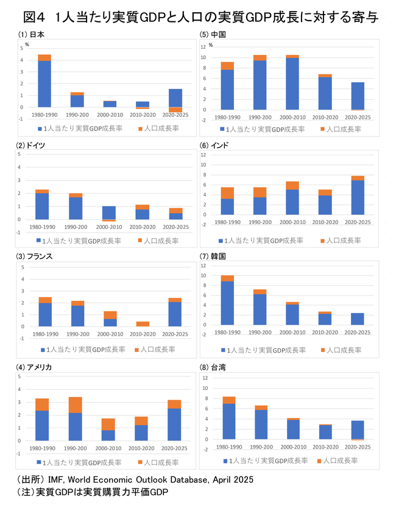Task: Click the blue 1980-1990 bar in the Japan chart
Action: tap(44, 83)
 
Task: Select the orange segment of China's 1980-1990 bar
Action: tap(227, 66)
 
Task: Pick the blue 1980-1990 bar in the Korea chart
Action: tap(227, 303)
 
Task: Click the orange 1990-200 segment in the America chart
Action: tap(76, 405)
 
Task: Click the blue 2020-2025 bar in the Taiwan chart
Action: tap(358, 429)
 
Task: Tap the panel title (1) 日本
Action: tap(31, 34)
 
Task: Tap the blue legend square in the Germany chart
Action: tap(40, 241)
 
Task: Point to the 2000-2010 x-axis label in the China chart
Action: tap(292, 118)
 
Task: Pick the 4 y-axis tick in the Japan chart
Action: tap(21, 60)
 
